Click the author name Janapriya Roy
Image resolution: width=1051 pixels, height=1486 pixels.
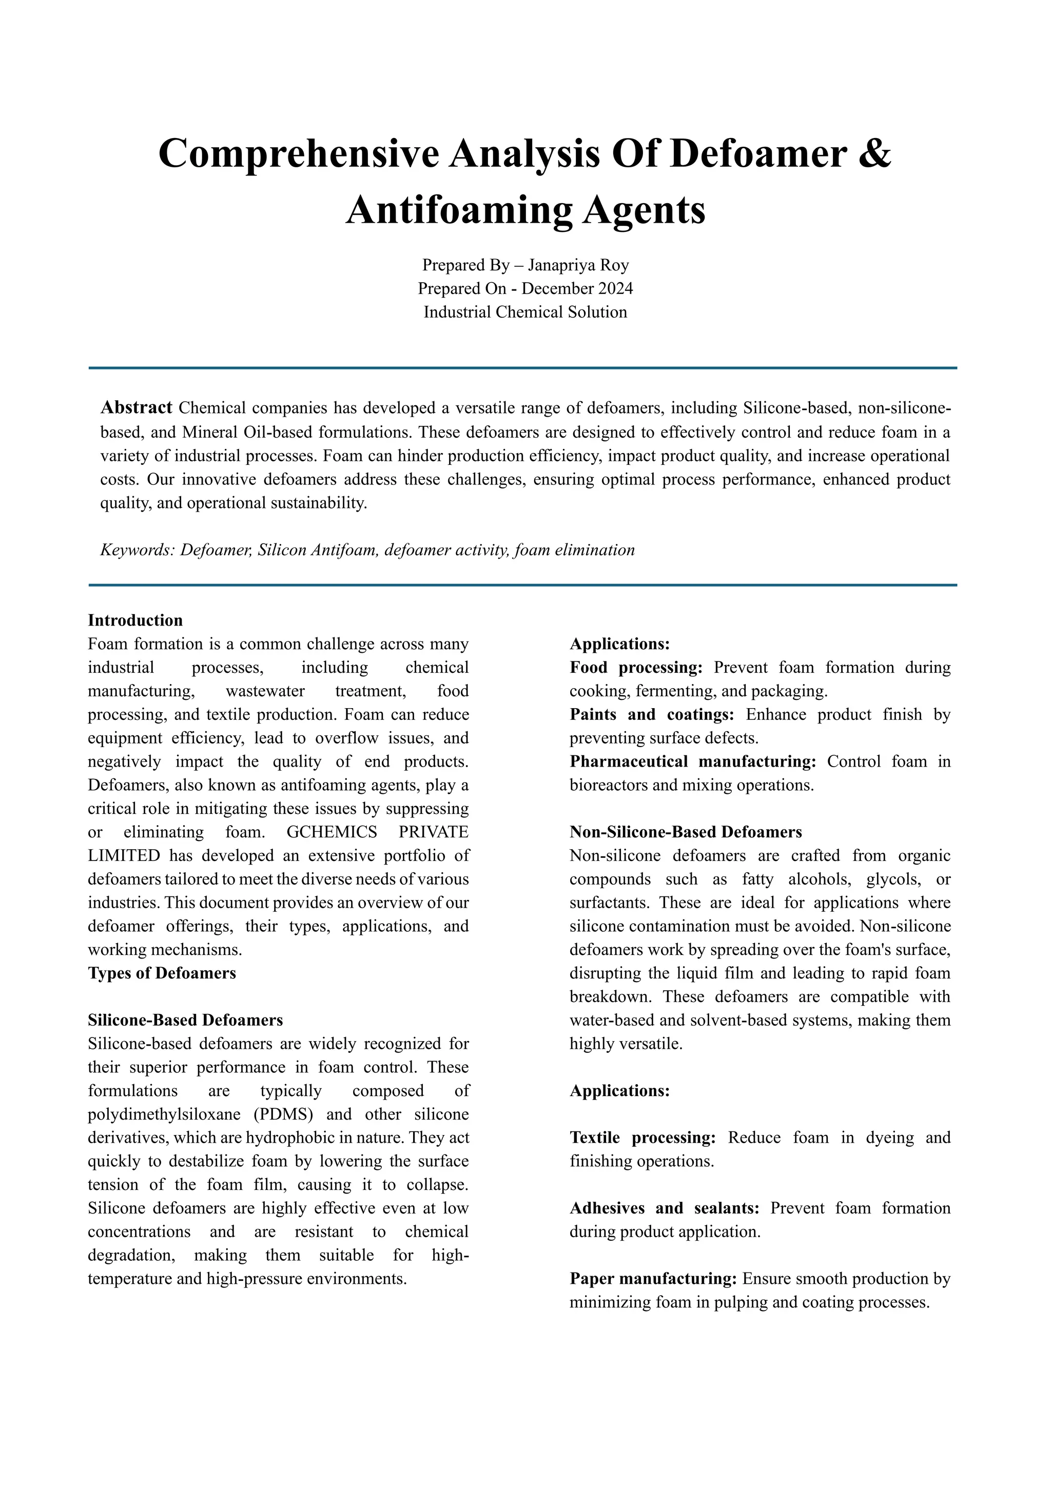click(x=578, y=265)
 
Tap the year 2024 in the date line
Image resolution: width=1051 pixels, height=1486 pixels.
click(x=612, y=288)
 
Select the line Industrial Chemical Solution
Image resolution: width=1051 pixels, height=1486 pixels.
click(x=525, y=312)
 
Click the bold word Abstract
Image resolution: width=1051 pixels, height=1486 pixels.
click(x=137, y=408)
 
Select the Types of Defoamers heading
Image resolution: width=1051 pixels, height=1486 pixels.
click(x=162, y=973)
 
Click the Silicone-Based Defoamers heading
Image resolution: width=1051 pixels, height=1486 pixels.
click(x=185, y=1020)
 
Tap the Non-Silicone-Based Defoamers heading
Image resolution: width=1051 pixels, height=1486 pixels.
click(x=685, y=832)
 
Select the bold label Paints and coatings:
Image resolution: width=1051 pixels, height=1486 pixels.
click(x=652, y=715)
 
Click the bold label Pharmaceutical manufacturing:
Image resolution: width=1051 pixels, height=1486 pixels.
click(x=692, y=762)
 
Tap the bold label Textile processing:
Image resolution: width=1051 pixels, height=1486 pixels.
click(x=642, y=1138)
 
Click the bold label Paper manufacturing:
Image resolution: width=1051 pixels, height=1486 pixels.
click(x=653, y=1279)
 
